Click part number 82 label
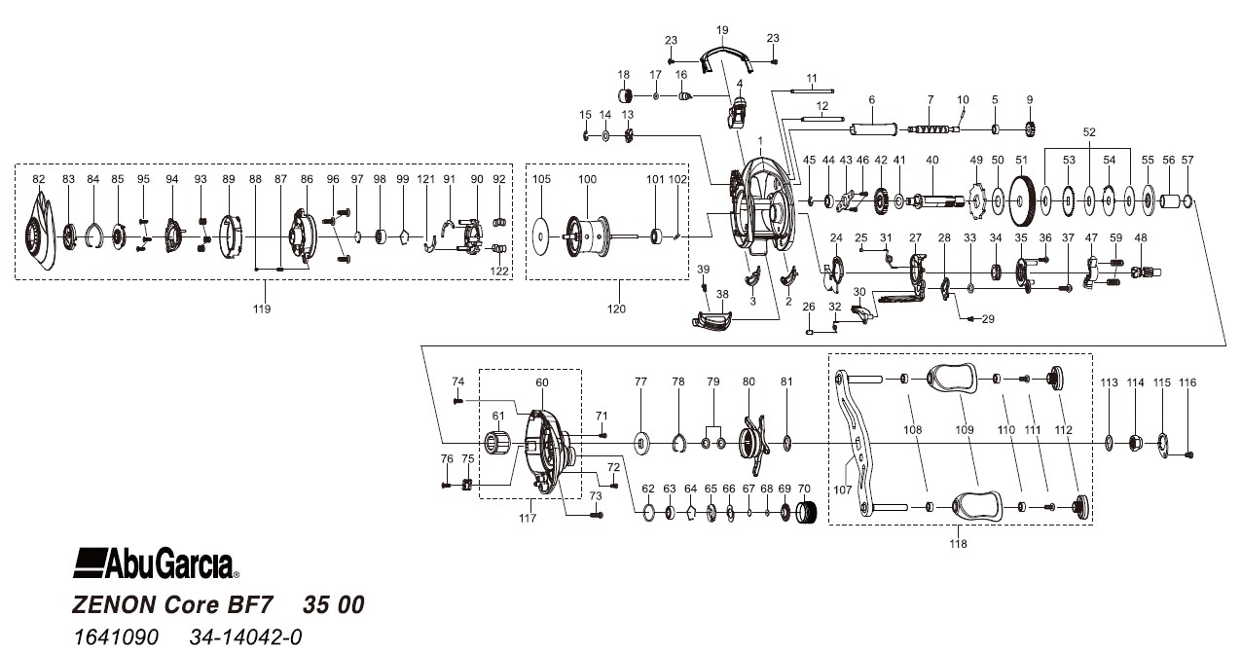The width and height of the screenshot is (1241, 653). (x=39, y=179)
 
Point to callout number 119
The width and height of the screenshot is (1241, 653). (x=262, y=308)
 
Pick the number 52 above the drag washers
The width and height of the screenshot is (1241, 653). (x=1088, y=131)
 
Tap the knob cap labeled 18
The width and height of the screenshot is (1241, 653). (x=626, y=96)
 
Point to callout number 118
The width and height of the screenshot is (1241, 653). (x=959, y=544)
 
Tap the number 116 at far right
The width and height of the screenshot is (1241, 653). (x=1186, y=383)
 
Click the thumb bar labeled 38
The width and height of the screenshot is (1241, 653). (x=716, y=319)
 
